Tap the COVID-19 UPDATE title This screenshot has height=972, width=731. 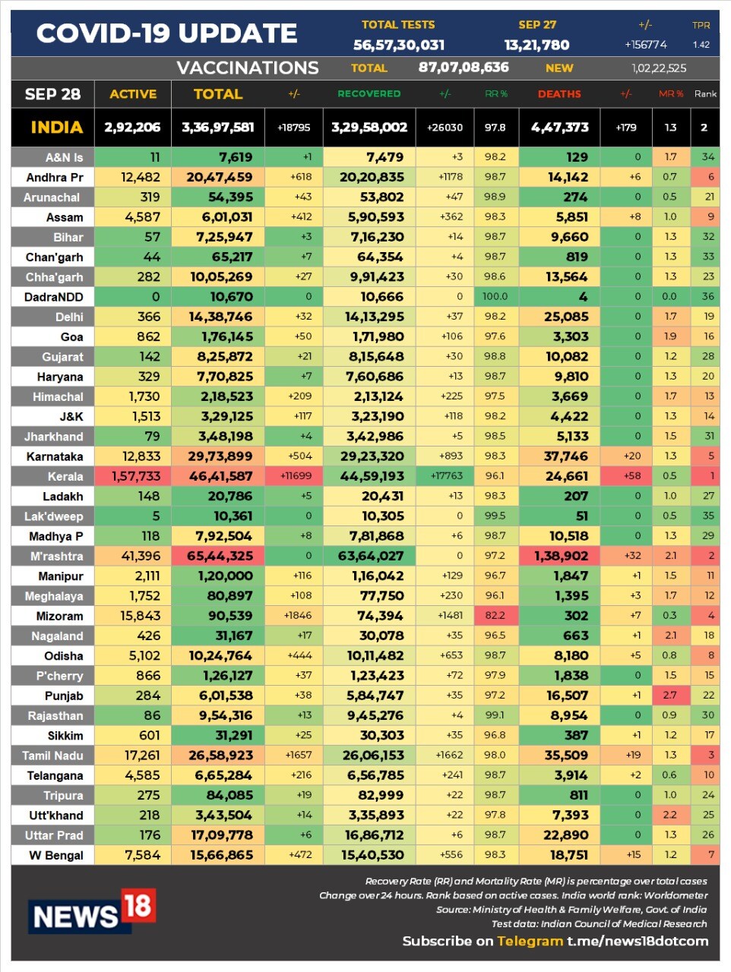pyautogui.click(x=166, y=33)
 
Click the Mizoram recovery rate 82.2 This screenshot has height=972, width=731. pyautogui.click(x=495, y=616)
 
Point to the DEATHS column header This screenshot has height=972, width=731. pyautogui.click(x=559, y=94)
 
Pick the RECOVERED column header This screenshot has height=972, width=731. pyautogui.click(x=369, y=94)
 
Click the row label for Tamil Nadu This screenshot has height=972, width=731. pyautogui.click(x=52, y=756)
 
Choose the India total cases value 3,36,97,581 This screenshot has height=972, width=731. pyautogui.click(x=217, y=128)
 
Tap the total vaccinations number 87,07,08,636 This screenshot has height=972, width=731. pyautogui.click(x=464, y=68)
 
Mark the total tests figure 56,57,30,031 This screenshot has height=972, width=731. pyautogui.click(x=399, y=46)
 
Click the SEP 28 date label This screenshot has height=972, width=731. pyautogui.click(x=52, y=94)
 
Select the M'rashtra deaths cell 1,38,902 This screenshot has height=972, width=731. pyautogui.click(x=561, y=556)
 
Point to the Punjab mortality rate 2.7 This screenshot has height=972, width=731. pyautogui.click(x=669, y=695)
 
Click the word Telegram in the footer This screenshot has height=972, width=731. pyautogui.click(x=530, y=941)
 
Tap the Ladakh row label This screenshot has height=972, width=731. pyautogui.click(x=63, y=497)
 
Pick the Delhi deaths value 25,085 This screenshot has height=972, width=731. pyautogui.click(x=566, y=317)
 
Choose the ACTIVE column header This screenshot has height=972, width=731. pyautogui.click(x=133, y=94)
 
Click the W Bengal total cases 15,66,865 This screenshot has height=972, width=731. pyautogui.click(x=222, y=855)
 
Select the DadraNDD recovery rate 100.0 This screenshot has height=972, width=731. pyautogui.click(x=495, y=297)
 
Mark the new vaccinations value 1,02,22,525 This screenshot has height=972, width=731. pyautogui.click(x=659, y=68)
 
